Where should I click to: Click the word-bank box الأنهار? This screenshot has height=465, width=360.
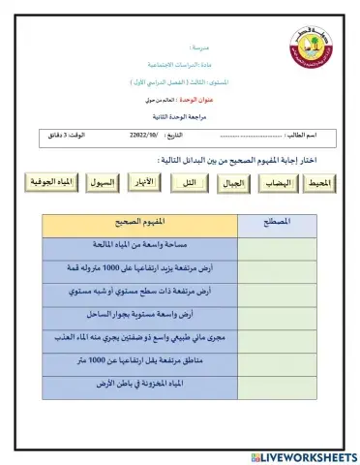click(x=145, y=181)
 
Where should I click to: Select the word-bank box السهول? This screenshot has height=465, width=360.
click(x=103, y=181)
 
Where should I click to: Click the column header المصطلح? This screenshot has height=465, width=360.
click(x=278, y=222)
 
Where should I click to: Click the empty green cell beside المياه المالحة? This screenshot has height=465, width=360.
click(x=278, y=245)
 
